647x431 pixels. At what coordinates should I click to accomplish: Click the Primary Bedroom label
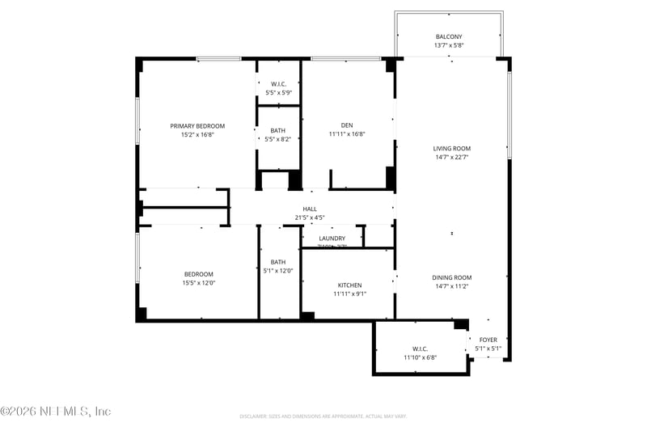coord(197,126)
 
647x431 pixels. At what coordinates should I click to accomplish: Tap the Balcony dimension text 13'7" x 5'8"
coord(449,45)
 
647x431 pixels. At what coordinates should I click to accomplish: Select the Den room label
coord(347,125)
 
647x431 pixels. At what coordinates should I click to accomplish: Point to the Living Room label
coord(451,149)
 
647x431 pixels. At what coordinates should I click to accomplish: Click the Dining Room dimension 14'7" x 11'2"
coord(451,286)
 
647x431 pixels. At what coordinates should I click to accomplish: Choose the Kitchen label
coord(349,285)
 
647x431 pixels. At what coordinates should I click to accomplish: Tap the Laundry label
coord(332,239)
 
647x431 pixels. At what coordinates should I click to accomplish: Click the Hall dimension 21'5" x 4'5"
coord(310,218)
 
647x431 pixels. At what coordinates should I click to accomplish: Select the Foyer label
coord(488,340)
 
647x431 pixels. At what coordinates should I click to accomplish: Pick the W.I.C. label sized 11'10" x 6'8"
coord(420,349)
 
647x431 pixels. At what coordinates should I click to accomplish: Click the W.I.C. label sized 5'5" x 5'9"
coord(278,84)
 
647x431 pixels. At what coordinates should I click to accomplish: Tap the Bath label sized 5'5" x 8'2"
coord(277,130)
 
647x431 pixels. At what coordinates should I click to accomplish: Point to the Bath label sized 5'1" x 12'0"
coord(278,262)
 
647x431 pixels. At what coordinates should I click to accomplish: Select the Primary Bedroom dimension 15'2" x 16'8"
coord(197,135)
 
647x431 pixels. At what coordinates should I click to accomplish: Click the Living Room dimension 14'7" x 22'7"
coord(451,158)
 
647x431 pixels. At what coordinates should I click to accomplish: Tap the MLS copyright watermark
coord(56,412)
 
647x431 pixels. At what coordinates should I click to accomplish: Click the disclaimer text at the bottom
coord(323,416)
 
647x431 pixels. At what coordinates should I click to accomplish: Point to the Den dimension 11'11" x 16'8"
coord(347,134)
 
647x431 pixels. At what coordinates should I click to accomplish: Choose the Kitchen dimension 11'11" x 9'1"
coord(349,294)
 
